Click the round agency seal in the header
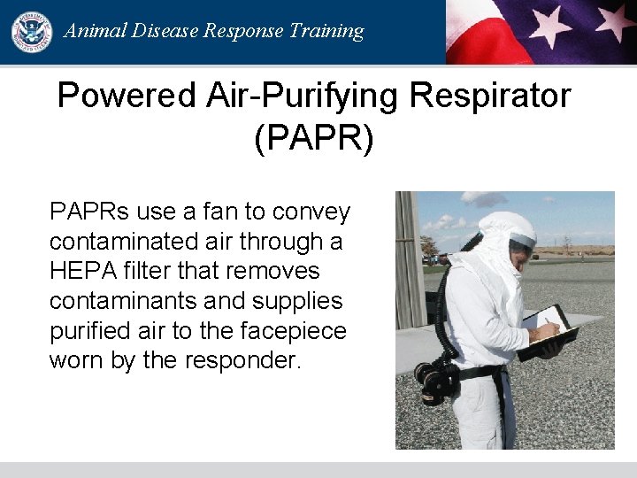[x=31, y=31]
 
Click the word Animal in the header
[x=95, y=31]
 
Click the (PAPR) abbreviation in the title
[x=314, y=139]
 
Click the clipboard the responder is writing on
[x=549, y=333]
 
